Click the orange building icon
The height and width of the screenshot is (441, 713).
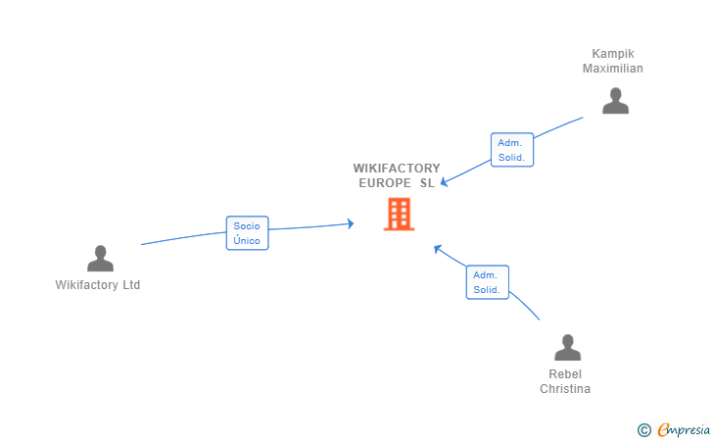click(399, 214)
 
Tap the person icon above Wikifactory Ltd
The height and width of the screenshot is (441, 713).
click(100, 258)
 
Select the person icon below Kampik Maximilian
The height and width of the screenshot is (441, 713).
click(615, 101)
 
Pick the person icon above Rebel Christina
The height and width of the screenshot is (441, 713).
click(567, 347)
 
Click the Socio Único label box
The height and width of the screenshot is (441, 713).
click(248, 233)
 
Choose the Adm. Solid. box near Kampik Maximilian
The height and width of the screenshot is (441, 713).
click(512, 150)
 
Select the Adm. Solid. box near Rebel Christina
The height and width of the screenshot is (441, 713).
click(488, 282)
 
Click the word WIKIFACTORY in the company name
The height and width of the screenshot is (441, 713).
click(397, 169)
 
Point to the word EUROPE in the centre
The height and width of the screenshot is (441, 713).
click(385, 183)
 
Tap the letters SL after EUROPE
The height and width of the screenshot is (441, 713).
click(427, 183)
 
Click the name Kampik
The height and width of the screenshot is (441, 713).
click(613, 54)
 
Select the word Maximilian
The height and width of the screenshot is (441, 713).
click(613, 69)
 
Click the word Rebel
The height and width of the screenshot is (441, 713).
click(565, 374)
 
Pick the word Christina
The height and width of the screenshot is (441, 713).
click(565, 389)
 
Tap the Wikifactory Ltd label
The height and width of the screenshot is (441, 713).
click(98, 285)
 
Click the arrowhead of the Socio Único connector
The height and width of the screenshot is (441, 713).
click(351, 223)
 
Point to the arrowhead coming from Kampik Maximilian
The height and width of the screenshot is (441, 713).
click(445, 182)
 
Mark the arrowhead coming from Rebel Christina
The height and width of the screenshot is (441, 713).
click(438, 249)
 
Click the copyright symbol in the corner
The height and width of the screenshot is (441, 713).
click(643, 430)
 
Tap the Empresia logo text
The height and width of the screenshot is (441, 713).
click(684, 429)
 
